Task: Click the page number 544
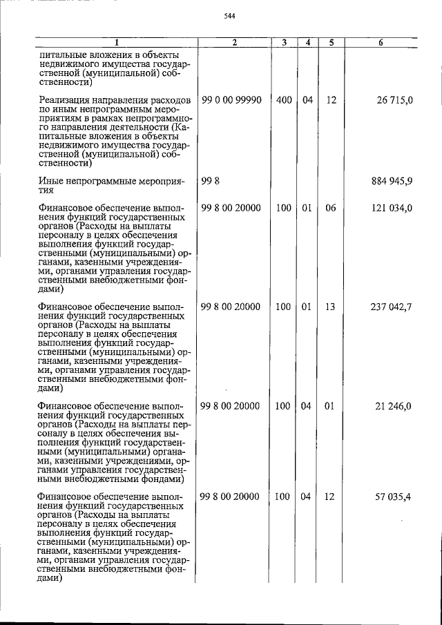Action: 230,17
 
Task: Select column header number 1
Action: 116,43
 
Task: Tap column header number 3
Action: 284,43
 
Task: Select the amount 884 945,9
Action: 391,182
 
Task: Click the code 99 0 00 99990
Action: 231,100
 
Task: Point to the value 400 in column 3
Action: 284,100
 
